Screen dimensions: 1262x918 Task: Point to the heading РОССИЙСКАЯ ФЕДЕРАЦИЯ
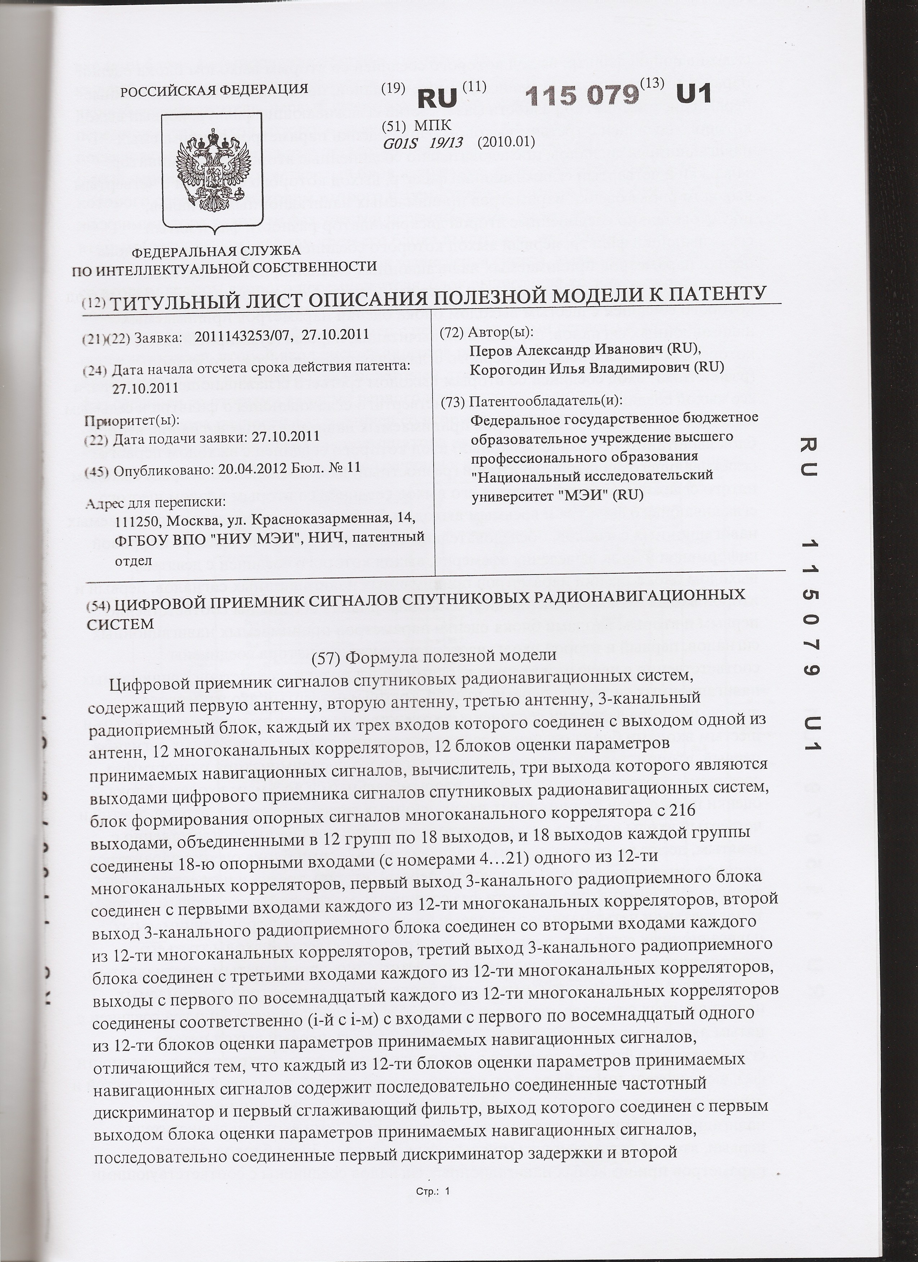coord(215,89)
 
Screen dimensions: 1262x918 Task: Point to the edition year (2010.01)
coord(506,143)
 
